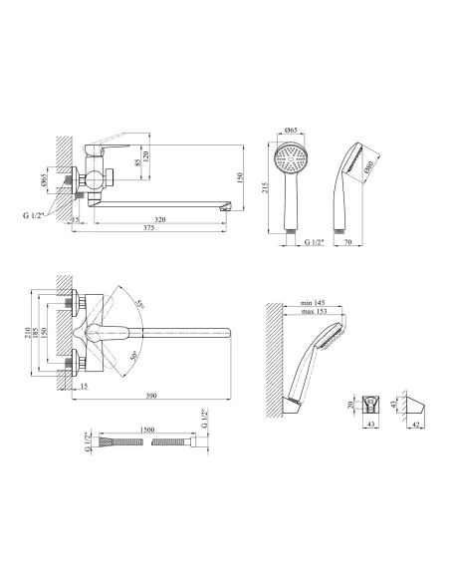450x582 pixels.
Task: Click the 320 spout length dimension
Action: click(159, 219)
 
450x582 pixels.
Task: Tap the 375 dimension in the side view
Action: click(148, 228)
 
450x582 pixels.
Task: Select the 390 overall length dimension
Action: click(151, 396)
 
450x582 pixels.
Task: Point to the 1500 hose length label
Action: click(147, 430)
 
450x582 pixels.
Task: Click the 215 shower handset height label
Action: click(265, 187)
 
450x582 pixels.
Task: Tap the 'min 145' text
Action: click(313, 303)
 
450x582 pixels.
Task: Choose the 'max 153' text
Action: click(314, 311)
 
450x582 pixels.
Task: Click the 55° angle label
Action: click(139, 304)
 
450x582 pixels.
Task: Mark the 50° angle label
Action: click(133, 356)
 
